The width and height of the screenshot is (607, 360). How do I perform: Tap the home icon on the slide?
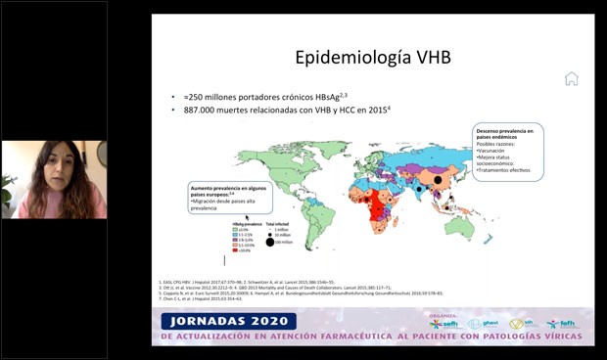pyautogui.click(x=571, y=79)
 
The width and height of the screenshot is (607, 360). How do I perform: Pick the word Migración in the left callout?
pyautogui.click(x=211, y=201)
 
